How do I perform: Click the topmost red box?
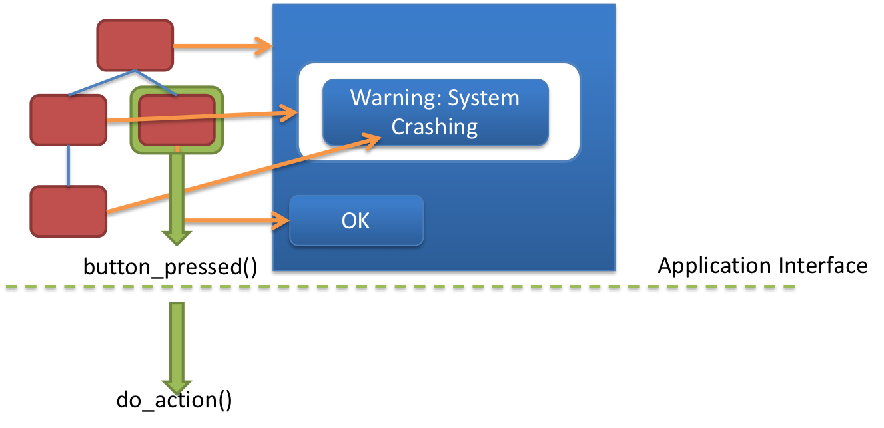[x=135, y=45]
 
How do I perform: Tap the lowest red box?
[x=69, y=211]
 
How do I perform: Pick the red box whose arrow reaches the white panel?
[x=69, y=120]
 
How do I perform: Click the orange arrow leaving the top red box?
[x=220, y=46]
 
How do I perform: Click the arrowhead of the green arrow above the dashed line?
[x=177, y=238]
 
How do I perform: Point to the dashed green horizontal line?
[x=466, y=286]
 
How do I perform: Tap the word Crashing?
[x=434, y=126]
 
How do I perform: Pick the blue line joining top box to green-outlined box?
[x=156, y=82]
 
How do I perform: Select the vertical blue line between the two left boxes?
[x=68, y=165]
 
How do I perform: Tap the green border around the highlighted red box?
[x=134, y=120]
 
